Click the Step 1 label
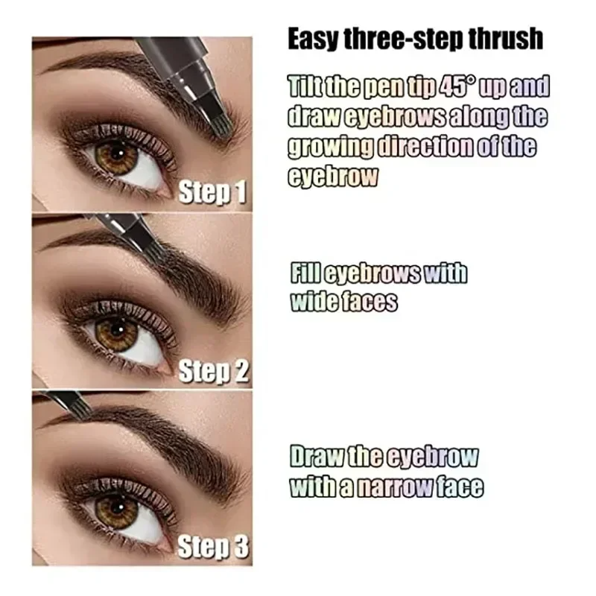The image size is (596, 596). point(213,192)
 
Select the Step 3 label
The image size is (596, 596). point(213,549)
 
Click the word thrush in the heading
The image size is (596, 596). point(506,39)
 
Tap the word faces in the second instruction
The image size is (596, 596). point(370,302)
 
